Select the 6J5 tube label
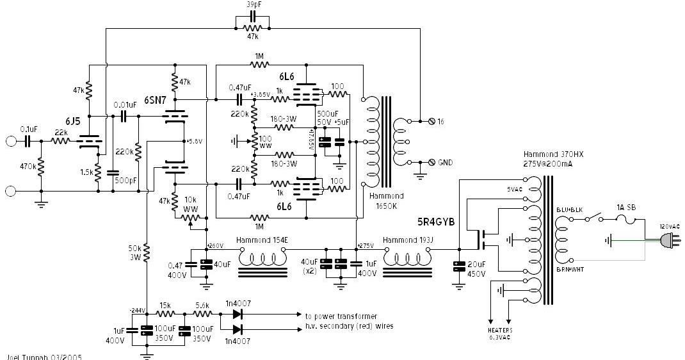(72, 122)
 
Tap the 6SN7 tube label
(156, 101)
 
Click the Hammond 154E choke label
(261, 240)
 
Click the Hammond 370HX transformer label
(549, 154)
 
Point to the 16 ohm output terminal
(440, 121)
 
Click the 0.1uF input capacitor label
(30, 128)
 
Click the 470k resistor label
(28, 167)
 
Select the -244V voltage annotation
(137, 310)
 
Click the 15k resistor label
(165, 305)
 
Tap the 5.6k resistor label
(202, 305)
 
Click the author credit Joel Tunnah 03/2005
(44, 356)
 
